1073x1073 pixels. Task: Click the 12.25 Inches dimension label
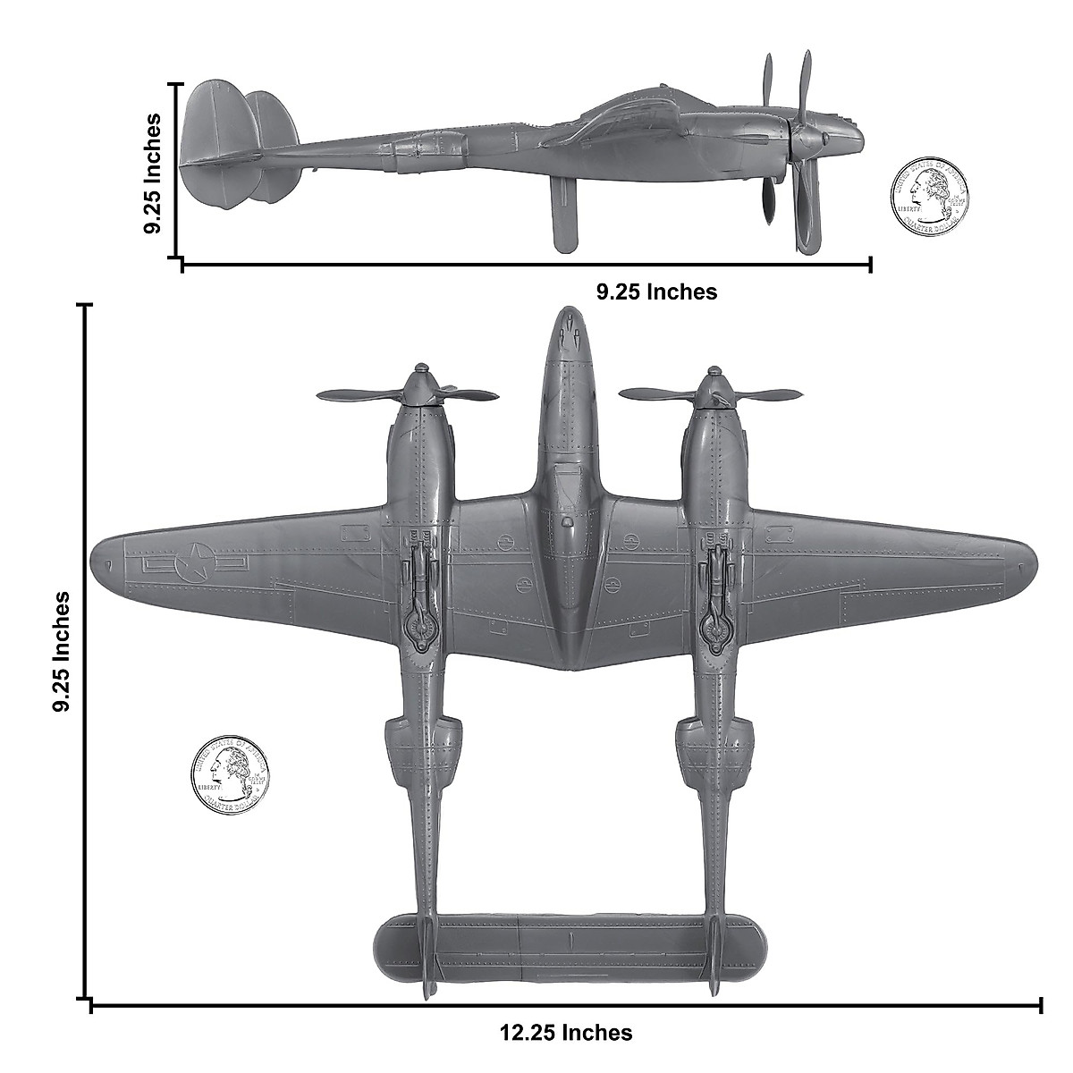(565, 1033)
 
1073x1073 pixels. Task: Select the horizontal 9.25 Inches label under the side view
(656, 291)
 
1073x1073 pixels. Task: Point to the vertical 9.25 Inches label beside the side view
(153, 173)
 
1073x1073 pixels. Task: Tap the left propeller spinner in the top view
(420, 384)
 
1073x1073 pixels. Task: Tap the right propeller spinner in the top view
(713, 384)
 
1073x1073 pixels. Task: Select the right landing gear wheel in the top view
(713, 626)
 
